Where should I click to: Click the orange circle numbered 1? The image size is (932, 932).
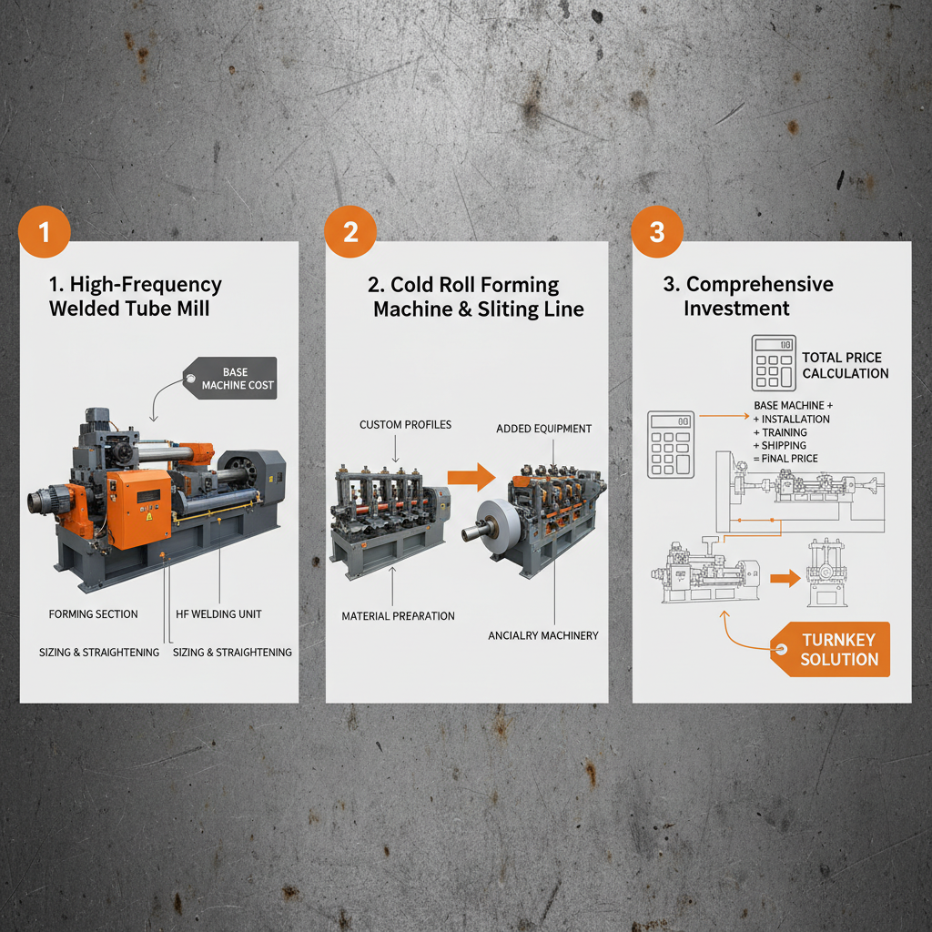pos(44,232)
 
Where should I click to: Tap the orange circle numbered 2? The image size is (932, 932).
pos(350,232)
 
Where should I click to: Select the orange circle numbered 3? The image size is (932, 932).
pos(657,232)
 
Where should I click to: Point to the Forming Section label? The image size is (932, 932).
pos(93,614)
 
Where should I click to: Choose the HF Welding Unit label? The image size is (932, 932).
pos(218,614)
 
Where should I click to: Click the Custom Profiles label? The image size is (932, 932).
pos(392,425)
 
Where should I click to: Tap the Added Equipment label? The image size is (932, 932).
pos(544,429)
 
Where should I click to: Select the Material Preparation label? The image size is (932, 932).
pos(398,616)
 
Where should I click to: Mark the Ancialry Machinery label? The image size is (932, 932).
pos(543,634)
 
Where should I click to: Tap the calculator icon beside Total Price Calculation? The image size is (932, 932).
pos(774,362)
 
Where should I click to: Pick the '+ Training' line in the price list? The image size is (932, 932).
pos(782,432)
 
